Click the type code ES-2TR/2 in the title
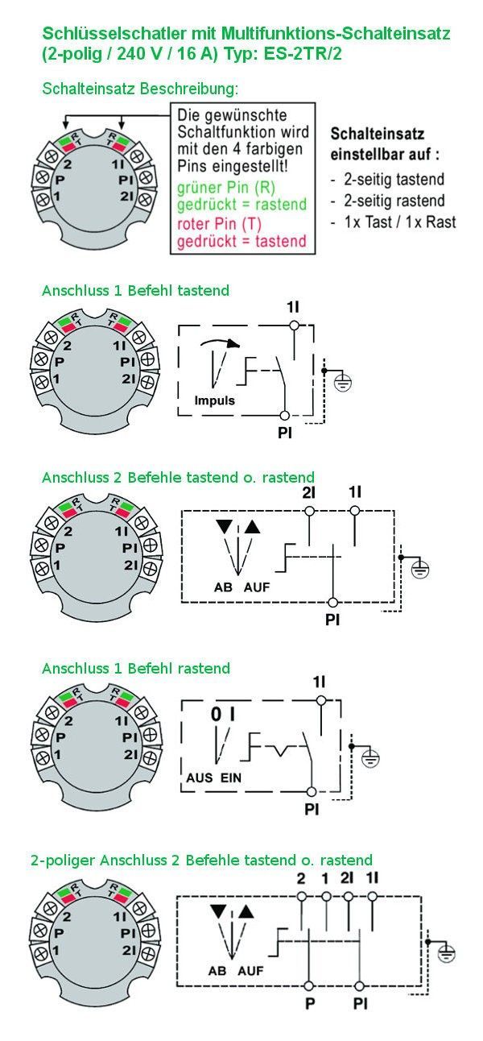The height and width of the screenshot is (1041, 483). (x=303, y=54)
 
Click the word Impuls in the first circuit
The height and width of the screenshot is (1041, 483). (x=215, y=400)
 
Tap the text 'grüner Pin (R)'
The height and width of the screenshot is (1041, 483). (x=226, y=187)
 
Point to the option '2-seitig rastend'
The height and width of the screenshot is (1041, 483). (x=394, y=201)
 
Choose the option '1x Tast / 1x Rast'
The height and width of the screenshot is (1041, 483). (x=400, y=222)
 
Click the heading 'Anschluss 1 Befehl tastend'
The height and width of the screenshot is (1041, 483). (x=135, y=290)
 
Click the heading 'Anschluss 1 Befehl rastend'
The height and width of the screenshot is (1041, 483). (x=136, y=668)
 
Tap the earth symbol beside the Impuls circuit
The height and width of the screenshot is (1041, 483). (x=343, y=383)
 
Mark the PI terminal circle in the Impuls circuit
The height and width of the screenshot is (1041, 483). (x=285, y=415)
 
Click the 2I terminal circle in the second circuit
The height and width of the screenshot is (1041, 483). (x=309, y=511)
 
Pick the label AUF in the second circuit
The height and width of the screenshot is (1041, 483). (x=257, y=587)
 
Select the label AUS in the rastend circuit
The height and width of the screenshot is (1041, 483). (x=200, y=778)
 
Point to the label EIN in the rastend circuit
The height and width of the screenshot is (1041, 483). (x=230, y=778)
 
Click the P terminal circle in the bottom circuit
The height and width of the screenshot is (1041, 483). (x=309, y=986)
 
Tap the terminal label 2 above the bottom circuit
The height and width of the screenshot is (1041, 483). (x=301, y=878)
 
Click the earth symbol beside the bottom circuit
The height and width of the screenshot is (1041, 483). (x=446, y=954)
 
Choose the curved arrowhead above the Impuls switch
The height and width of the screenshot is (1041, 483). (x=233, y=344)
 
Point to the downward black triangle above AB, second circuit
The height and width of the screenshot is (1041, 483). (x=225, y=526)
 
